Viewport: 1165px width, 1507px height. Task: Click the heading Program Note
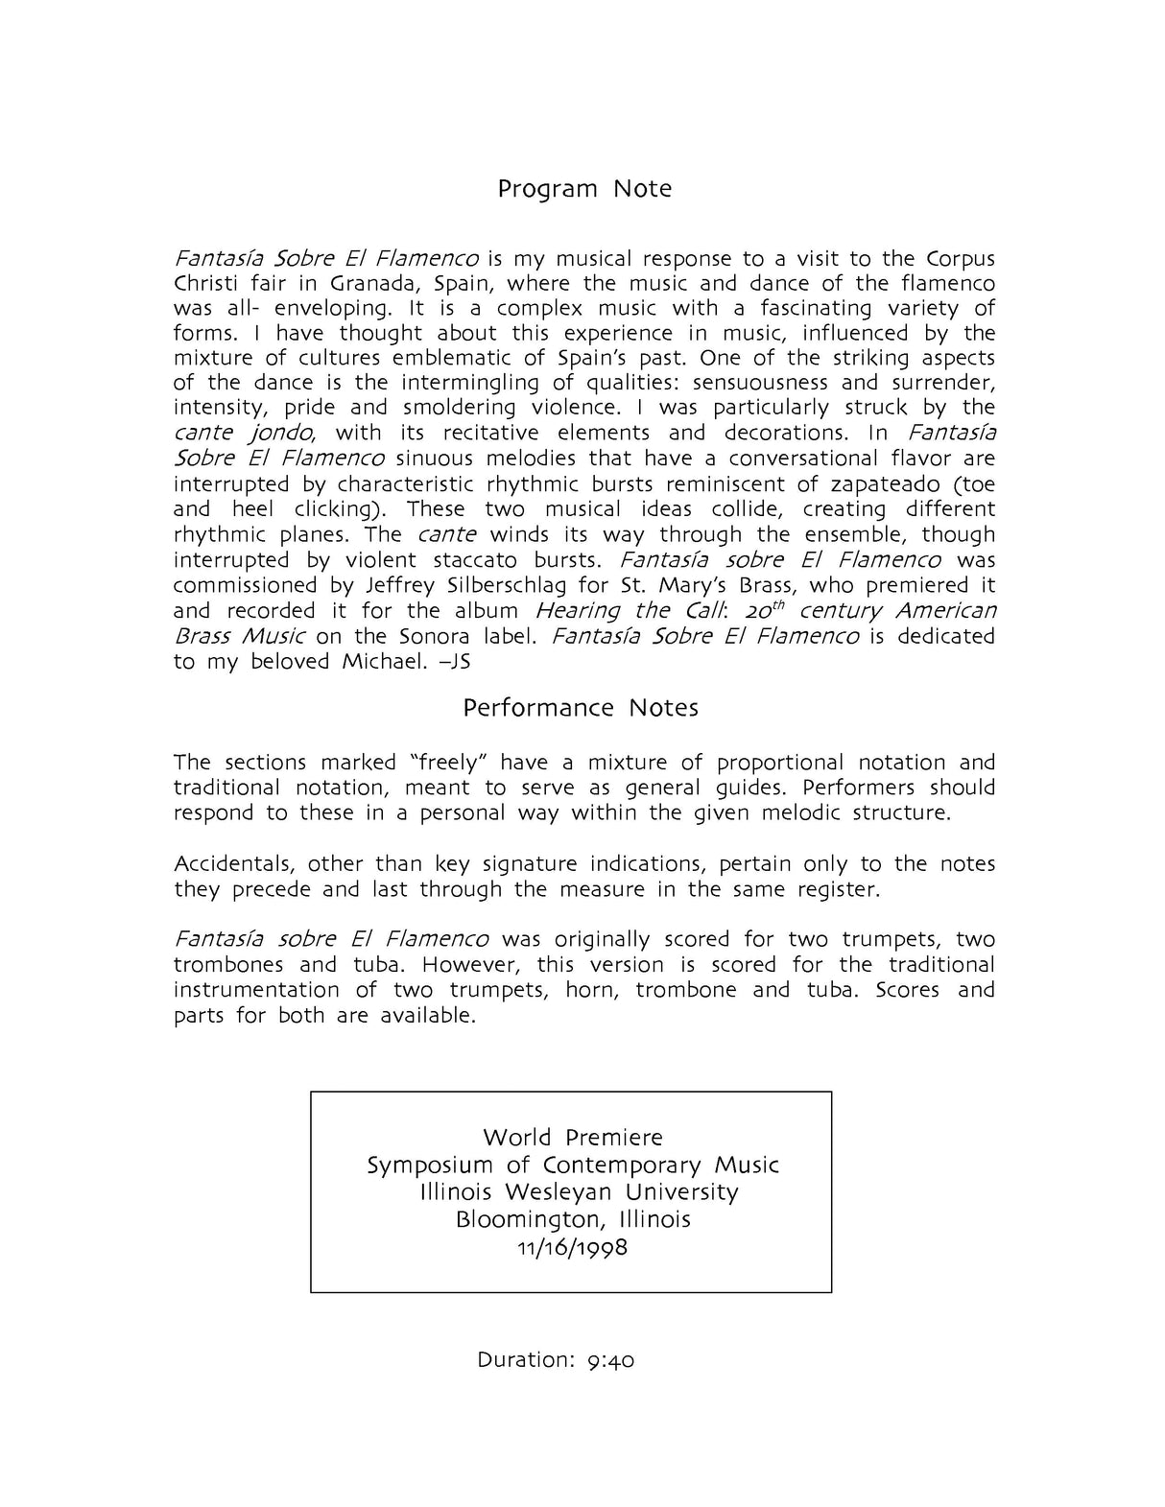(x=583, y=189)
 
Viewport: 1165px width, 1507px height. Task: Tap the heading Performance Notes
(x=581, y=708)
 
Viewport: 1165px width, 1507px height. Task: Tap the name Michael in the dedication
(x=384, y=662)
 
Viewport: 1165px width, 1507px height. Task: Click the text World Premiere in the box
(x=573, y=1138)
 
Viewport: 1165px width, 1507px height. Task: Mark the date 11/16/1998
(x=572, y=1248)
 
